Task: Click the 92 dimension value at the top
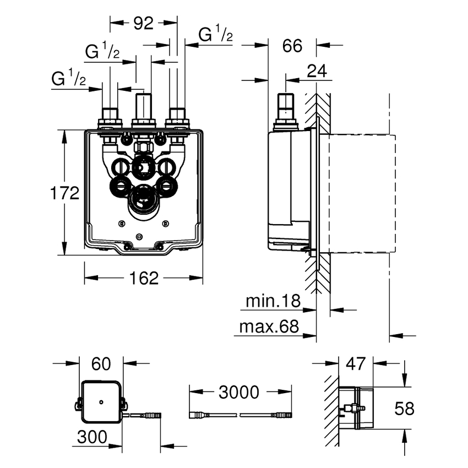[x=143, y=24]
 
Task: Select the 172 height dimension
[x=65, y=193]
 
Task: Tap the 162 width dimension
[x=145, y=278]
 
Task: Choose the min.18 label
[x=273, y=301]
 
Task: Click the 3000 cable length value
[x=238, y=392]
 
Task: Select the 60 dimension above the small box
[x=101, y=363]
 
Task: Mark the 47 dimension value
[x=356, y=363]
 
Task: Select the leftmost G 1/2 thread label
[x=69, y=78]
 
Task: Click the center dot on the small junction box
[x=101, y=403]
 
